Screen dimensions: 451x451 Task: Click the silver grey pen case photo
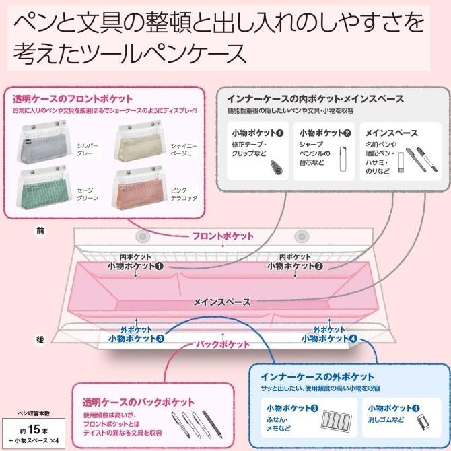pos(44,141)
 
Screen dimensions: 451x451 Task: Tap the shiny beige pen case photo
pos(139,141)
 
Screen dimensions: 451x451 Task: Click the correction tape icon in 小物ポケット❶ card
pos(277,167)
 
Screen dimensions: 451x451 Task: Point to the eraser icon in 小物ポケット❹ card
pos(423,421)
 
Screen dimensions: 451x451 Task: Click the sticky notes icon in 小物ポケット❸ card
pos(337,420)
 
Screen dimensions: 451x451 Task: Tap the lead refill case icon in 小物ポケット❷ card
pos(343,159)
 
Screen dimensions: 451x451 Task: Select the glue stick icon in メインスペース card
pos(401,162)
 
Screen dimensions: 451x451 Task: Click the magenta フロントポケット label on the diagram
pos(223,236)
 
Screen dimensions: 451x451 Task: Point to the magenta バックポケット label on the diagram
pos(223,344)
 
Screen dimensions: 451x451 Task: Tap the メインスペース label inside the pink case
pos(222,302)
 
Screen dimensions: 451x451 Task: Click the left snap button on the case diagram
pos(143,236)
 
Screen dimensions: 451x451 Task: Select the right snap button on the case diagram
pos(302,236)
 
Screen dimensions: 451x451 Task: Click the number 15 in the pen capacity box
pos(34,429)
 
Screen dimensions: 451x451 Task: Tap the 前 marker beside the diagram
pos(40,231)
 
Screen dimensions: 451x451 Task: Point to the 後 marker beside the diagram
pos(40,340)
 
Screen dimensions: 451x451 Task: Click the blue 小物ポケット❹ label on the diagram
pos(329,339)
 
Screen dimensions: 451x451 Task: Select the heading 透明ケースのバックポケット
pos(139,402)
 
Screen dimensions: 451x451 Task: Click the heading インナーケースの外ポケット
pos(317,377)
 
